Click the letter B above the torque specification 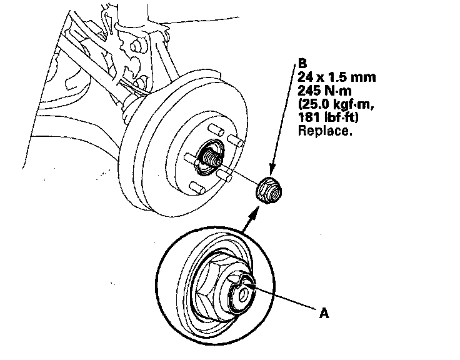click(302, 62)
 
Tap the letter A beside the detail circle click(324, 313)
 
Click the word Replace click(325, 131)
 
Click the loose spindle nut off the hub click(269, 191)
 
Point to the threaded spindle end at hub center click(212, 158)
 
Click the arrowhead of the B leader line click(272, 171)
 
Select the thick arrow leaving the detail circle click(250, 218)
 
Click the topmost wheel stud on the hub click(216, 129)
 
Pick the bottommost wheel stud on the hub click(197, 188)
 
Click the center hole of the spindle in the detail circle click(242, 295)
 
